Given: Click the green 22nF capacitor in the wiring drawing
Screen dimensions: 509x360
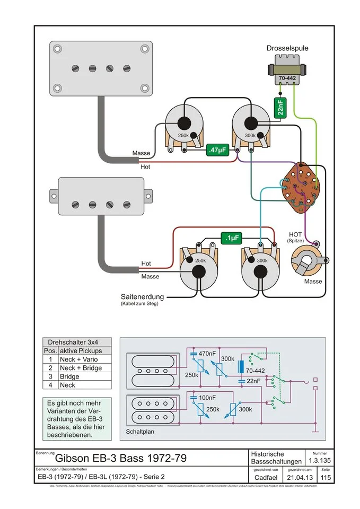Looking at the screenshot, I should (279, 108).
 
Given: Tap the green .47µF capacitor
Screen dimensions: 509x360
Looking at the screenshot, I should (217, 150).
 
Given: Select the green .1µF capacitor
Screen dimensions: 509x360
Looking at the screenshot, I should (232, 239).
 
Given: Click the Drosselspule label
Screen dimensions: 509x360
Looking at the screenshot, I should (287, 48).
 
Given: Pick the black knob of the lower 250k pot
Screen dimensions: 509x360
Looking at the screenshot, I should (199, 272).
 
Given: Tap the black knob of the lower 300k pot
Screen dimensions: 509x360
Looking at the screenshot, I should (261, 272).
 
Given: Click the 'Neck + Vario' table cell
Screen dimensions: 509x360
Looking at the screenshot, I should (78, 359).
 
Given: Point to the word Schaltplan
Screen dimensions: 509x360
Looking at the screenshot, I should (141, 432).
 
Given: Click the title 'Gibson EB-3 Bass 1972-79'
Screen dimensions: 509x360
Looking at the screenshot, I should (121, 458).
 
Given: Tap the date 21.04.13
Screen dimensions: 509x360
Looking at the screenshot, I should (300, 478).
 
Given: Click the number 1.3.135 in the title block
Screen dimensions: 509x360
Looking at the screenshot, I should (320, 461).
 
